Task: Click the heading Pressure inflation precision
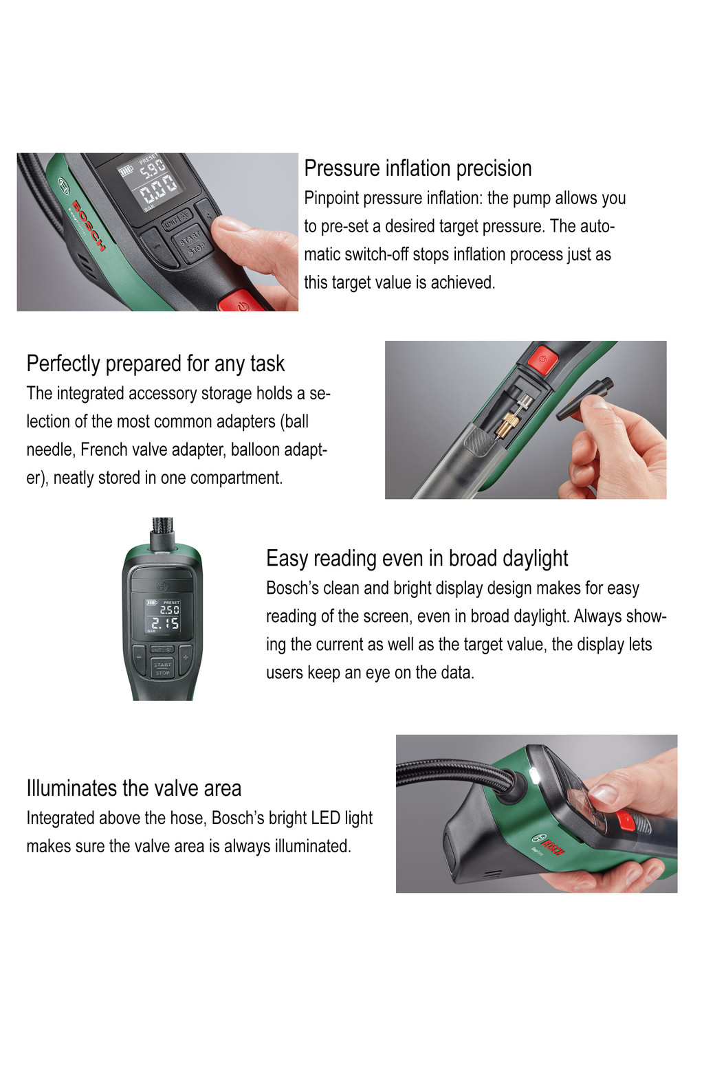[417, 168]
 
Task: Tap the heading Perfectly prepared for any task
[155, 364]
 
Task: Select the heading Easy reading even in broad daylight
[417, 558]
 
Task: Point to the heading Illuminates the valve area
[133, 788]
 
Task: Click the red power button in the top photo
[241, 302]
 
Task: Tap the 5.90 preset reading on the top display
[153, 168]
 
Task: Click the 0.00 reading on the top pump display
[158, 190]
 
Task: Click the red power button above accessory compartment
[544, 359]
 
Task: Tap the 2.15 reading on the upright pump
[165, 623]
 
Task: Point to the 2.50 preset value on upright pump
[169, 610]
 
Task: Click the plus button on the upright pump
[186, 658]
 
